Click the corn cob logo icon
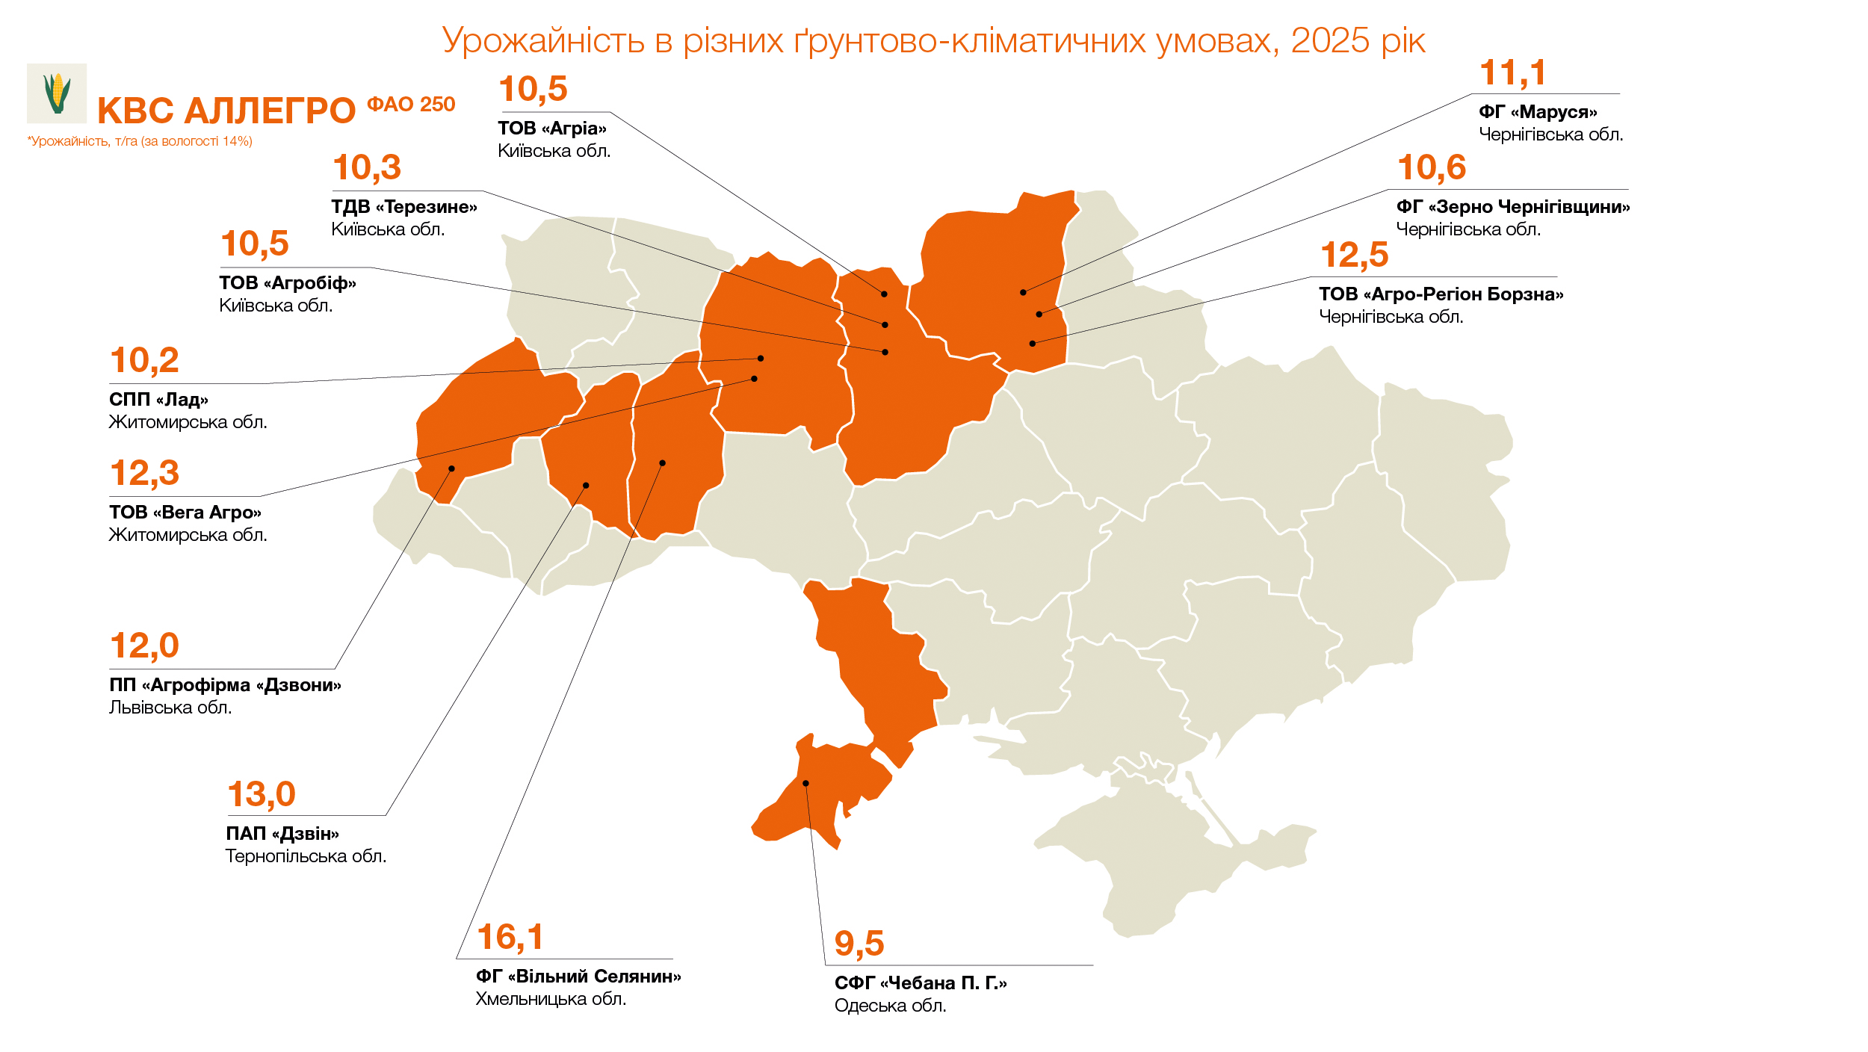[x=57, y=93]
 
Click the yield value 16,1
[x=510, y=937]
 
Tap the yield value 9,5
[x=859, y=943]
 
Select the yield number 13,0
[x=262, y=794]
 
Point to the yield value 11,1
[x=1512, y=73]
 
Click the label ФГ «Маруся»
[x=1538, y=112]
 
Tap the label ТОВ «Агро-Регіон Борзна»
[x=1441, y=294]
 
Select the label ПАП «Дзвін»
[x=282, y=834]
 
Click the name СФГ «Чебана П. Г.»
[x=921, y=983]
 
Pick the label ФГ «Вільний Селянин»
[x=578, y=977]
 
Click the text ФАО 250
[x=411, y=105]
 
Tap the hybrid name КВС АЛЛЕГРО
[x=226, y=111]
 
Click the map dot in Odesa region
[x=806, y=783]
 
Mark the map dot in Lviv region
[x=451, y=468]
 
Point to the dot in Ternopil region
[x=586, y=486]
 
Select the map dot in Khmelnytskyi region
[x=662, y=463]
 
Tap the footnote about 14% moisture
[x=140, y=141]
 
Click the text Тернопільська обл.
[x=306, y=856]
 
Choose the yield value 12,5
[x=1354, y=256]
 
